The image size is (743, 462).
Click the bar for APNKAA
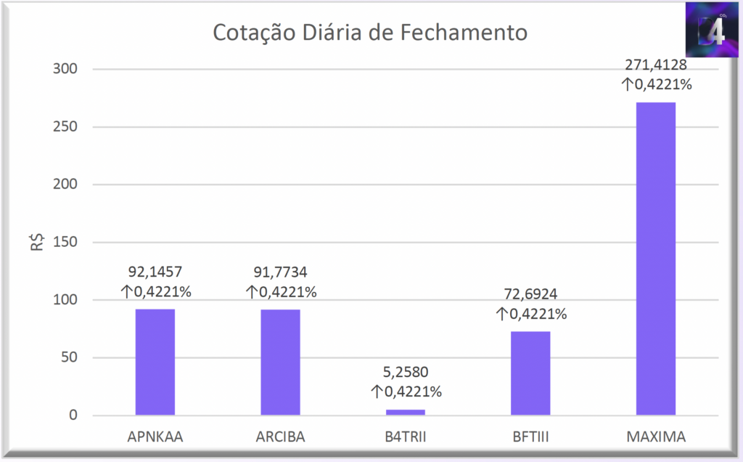pyautogui.click(x=155, y=362)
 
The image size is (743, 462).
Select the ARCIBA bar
pyautogui.click(x=280, y=362)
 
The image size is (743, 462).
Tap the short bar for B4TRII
pyautogui.click(x=406, y=413)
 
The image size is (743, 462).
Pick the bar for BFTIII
pyautogui.click(x=530, y=373)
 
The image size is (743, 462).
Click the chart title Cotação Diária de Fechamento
pyautogui.click(x=370, y=33)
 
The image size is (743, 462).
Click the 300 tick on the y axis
pyautogui.click(x=62, y=69)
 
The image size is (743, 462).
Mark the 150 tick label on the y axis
pyautogui.click(x=62, y=243)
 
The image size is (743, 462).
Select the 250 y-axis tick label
pyautogui.click(x=62, y=127)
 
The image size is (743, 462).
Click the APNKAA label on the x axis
pyautogui.click(x=155, y=437)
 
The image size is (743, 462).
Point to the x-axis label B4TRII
pyautogui.click(x=406, y=437)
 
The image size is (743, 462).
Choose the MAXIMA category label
pyautogui.click(x=656, y=437)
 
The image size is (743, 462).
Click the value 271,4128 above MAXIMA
pyautogui.click(x=656, y=65)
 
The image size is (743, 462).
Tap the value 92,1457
pyautogui.click(x=155, y=272)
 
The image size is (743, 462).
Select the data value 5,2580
pyautogui.click(x=406, y=373)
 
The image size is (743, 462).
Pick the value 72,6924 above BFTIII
pyautogui.click(x=530, y=295)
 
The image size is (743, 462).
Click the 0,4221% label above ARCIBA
pyautogui.click(x=281, y=292)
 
